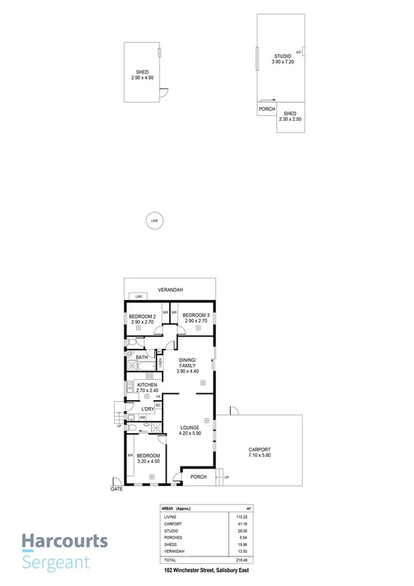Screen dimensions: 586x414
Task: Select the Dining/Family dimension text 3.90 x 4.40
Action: click(188, 371)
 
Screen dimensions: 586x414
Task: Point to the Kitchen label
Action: click(147, 385)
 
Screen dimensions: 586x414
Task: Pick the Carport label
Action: click(258, 451)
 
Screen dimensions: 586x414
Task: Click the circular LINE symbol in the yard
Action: click(154, 220)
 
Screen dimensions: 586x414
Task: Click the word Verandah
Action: click(169, 290)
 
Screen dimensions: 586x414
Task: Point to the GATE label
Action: click(116, 489)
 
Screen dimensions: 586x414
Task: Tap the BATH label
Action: click(142, 357)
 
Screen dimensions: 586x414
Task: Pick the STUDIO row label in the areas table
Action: click(171, 531)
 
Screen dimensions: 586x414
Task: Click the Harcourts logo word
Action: click(64, 540)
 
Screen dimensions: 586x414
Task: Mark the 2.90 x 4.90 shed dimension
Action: click(142, 77)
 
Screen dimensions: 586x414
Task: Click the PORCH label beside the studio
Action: click(267, 109)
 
